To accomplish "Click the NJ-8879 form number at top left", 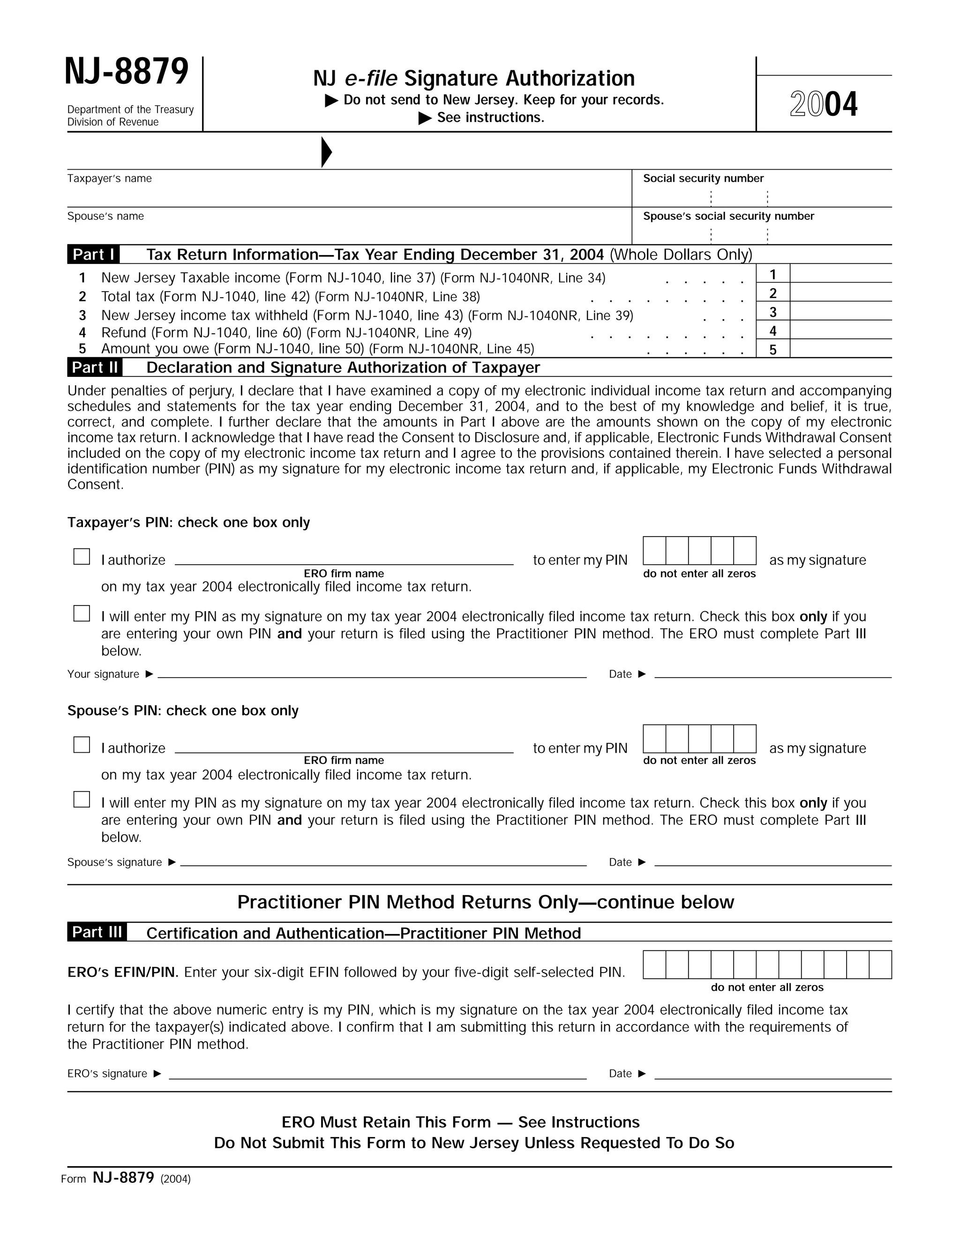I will tap(126, 72).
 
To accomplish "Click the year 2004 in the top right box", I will tap(824, 105).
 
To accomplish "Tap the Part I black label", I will tap(93, 254).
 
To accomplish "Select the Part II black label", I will tap(94, 367).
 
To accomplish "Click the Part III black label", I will tap(97, 932).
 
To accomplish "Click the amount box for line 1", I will tap(840, 274).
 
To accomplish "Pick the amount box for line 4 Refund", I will tap(840, 330).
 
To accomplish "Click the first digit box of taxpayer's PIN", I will tap(654, 551).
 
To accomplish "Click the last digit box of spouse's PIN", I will tap(744, 739).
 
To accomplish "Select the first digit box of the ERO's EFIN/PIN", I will tap(654, 965).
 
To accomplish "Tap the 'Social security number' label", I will tap(703, 179).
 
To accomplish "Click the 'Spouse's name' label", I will tap(106, 216).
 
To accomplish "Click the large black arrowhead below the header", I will tap(326, 152).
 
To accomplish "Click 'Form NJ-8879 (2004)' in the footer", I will tap(126, 1178).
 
